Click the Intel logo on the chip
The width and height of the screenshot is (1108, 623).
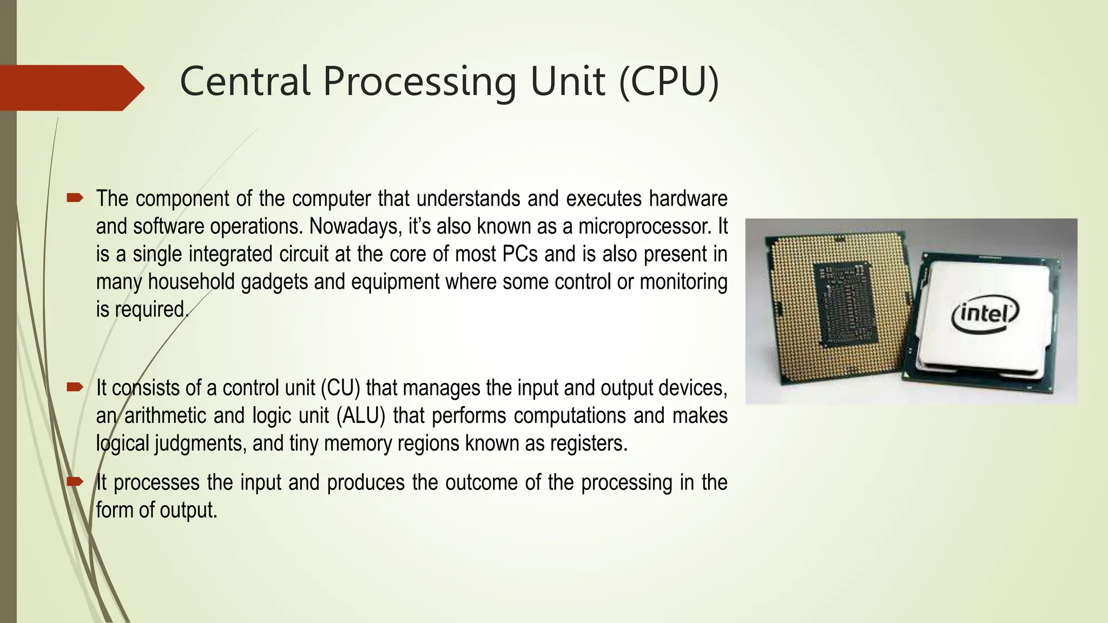click(x=985, y=314)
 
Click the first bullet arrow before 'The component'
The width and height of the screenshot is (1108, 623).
click(x=75, y=198)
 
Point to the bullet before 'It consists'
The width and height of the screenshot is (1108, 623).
click(x=75, y=387)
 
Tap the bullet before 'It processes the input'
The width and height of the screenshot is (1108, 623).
click(x=75, y=481)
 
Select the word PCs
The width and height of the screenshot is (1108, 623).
click(x=520, y=254)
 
